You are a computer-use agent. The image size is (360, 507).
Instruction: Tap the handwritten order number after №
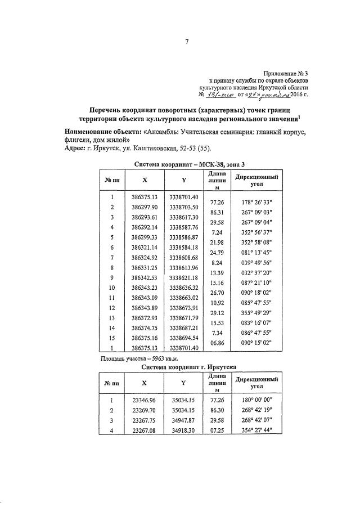(x=222, y=96)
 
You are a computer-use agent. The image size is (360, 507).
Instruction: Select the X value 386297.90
(x=144, y=208)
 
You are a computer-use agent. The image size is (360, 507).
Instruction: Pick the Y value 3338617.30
(x=184, y=217)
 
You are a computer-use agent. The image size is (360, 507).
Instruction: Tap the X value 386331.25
(x=144, y=268)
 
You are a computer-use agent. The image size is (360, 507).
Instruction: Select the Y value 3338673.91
(x=184, y=308)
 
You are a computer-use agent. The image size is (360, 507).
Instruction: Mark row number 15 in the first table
(x=112, y=338)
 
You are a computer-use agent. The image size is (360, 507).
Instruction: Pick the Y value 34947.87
(x=184, y=421)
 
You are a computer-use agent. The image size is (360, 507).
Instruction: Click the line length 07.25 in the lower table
(x=217, y=431)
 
